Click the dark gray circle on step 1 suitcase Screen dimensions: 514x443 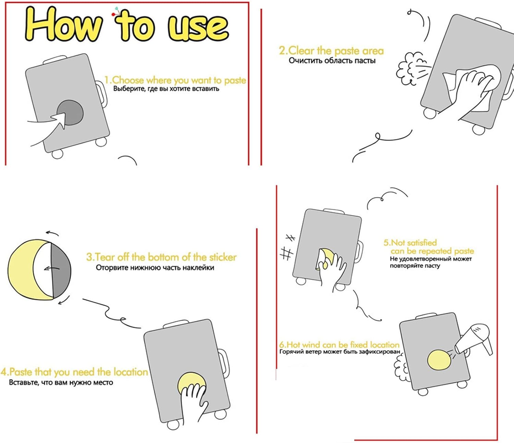[x=70, y=113]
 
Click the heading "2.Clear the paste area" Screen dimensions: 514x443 [x=331, y=51]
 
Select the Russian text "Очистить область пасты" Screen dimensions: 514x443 [x=332, y=61]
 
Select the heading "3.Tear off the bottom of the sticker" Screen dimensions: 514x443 [x=161, y=257]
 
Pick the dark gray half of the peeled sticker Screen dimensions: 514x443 [x=61, y=271]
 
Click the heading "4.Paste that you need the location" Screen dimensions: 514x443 [x=74, y=372]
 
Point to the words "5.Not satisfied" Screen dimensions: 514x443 [x=410, y=242]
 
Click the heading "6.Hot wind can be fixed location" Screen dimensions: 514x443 [x=339, y=345]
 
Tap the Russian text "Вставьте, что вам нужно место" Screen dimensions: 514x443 [x=61, y=382]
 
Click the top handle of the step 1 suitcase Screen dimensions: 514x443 [x=55, y=60]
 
